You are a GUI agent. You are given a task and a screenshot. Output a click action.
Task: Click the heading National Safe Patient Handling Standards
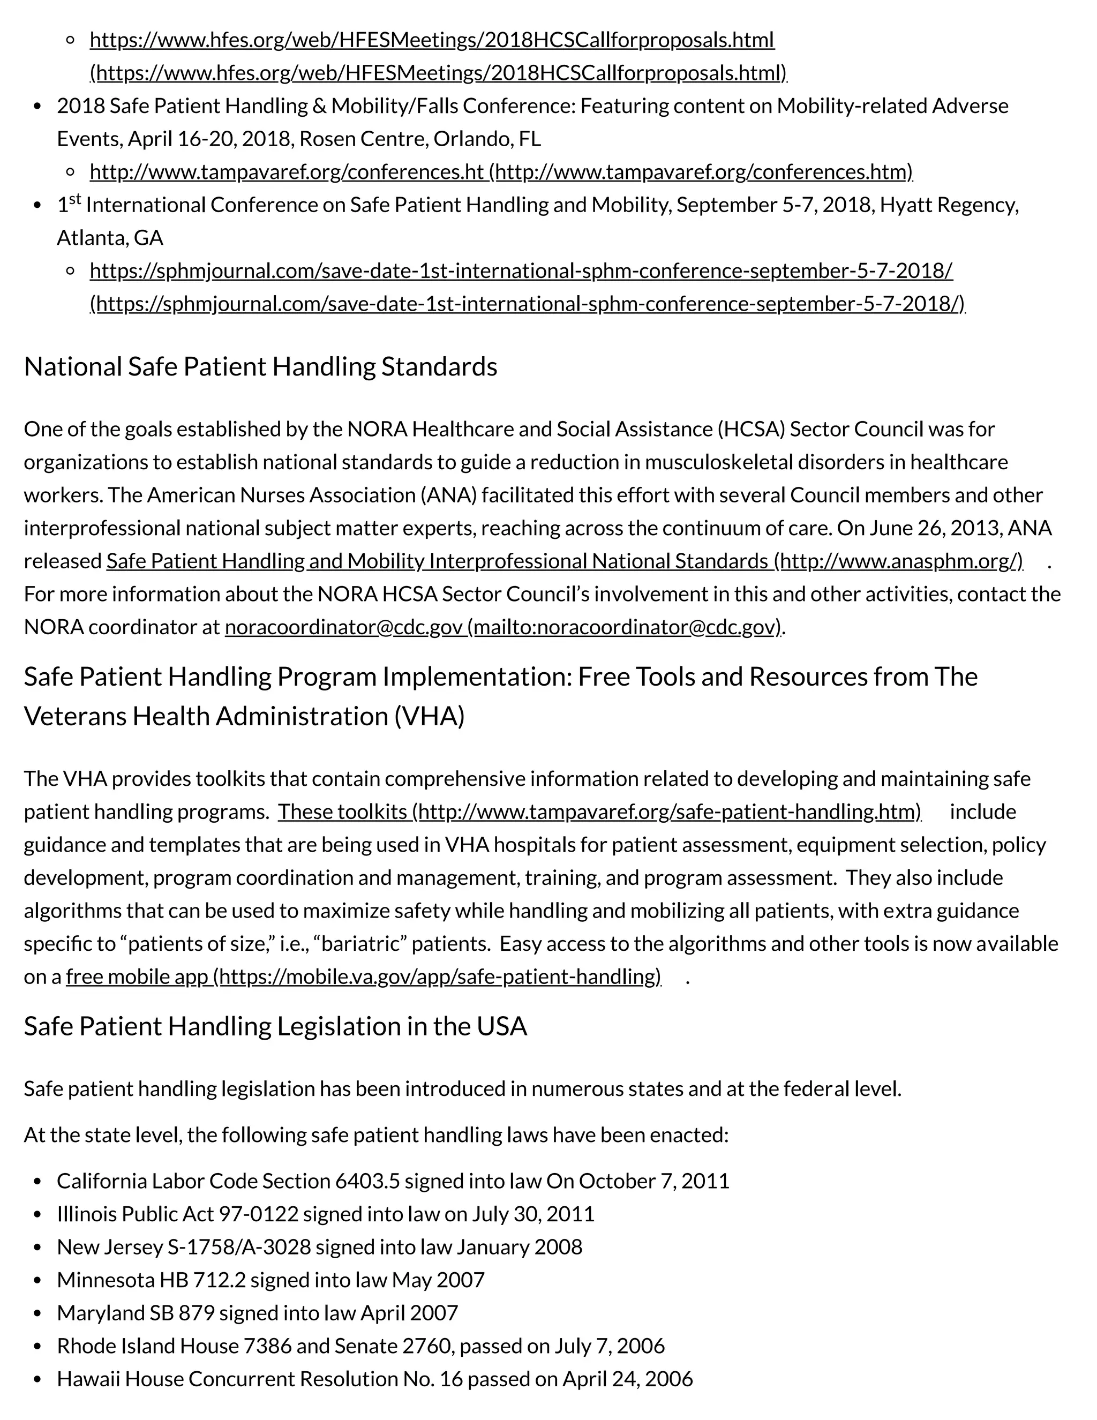coord(260,367)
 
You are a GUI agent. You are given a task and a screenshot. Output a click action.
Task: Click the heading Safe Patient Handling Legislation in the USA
coord(275,1026)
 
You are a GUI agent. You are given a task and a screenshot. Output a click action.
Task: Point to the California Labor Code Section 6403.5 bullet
coord(393,1181)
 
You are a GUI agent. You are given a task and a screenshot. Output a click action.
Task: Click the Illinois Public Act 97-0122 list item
coord(325,1214)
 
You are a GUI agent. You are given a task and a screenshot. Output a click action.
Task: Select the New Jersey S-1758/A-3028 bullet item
coord(319,1246)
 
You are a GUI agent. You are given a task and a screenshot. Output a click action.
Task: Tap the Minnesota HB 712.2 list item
coord(271,1280)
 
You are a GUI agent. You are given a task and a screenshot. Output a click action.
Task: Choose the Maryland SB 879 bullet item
coord(258,1313)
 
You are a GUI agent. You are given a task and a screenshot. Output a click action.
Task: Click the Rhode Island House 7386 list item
coord(360,1345)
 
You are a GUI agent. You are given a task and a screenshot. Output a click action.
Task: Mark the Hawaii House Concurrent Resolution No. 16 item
coord(374,1378)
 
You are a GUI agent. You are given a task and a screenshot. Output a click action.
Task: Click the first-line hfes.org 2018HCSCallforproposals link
coord(432,40)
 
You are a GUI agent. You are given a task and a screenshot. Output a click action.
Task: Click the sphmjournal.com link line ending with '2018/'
coord(521,271)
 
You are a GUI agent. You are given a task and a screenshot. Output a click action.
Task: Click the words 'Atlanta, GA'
coord(110,238)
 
